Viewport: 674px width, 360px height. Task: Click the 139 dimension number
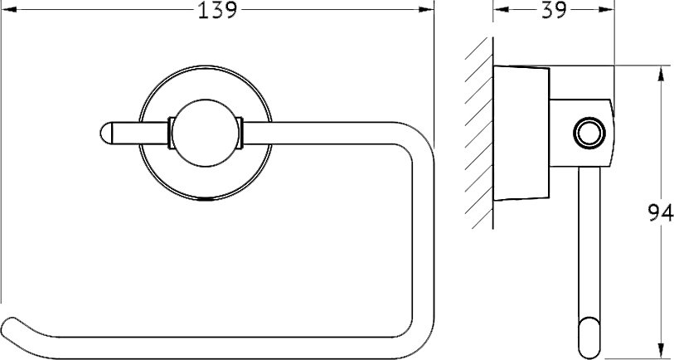pos(217,10)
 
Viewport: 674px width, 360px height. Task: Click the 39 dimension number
pos(554,10)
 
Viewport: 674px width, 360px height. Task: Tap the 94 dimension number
pos(661,212)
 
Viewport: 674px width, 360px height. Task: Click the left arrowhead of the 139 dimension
pos(8,9)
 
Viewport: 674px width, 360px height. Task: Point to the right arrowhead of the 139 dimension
pos(426,9)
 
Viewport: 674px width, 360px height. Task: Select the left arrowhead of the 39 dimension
pos(501,9)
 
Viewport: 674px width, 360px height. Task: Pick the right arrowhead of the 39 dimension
pos(607,9)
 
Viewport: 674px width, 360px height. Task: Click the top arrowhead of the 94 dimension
pos(661,73)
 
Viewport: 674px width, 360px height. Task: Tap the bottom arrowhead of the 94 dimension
pos(661,351)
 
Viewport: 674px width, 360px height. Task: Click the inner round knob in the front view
pos(206,133)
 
